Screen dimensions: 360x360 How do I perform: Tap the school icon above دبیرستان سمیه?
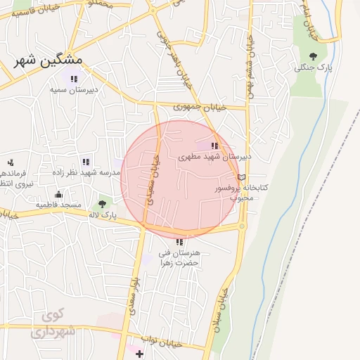click(x=73, y=79)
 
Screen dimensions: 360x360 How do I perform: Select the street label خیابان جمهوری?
click(x=201, y=108)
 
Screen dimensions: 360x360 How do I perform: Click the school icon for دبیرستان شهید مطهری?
click(x=214, y=146)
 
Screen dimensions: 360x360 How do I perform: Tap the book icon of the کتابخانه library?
click(x=243, y=177)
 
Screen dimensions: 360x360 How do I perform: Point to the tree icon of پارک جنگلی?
click(x=313, y=56)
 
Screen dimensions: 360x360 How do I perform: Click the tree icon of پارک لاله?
click(x=103, y=202)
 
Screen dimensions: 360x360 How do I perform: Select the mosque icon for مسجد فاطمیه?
click(x=58, y=195)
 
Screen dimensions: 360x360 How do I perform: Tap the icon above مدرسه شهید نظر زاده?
click(x=86, y=162)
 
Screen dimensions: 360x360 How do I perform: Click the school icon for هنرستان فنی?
click(x=179, y=242)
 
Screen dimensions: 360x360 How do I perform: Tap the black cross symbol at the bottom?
click(x=139, y=354)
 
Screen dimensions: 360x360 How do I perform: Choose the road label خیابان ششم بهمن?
click(x=249, y=63)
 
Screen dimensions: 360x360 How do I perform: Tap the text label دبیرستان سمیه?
click(x=73, y=90)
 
